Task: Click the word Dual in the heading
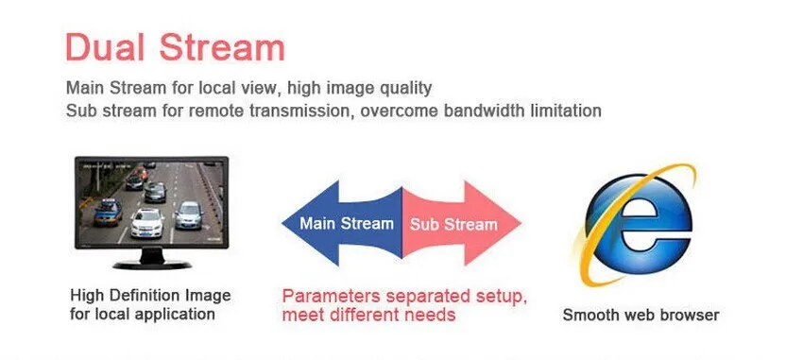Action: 105,47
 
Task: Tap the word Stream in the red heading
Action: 222,47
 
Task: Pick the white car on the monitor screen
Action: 146,222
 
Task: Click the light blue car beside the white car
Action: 189,214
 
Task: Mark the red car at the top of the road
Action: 141,174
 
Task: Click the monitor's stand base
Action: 152,265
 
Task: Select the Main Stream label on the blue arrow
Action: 347,223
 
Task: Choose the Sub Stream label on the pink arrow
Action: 453,224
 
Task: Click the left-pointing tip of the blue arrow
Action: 282,223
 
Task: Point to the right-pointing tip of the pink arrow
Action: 521,223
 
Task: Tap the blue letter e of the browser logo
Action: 638,224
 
